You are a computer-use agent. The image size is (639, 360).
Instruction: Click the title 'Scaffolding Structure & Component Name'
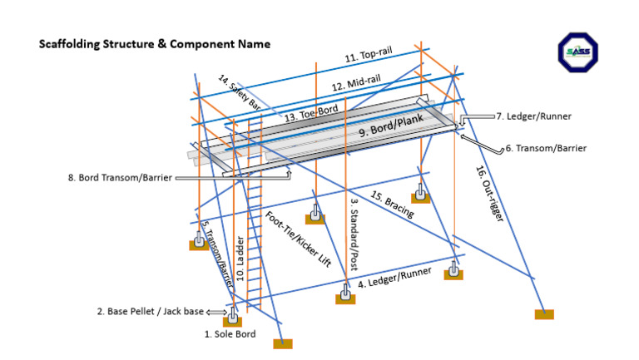[154, 44]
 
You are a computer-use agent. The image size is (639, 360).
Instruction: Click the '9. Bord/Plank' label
[391, 126]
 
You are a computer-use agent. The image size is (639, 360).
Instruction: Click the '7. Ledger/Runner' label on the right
[533, 116]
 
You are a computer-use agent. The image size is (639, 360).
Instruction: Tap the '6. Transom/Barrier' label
[546, 149]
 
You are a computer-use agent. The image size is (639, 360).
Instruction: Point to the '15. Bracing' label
[393, 205]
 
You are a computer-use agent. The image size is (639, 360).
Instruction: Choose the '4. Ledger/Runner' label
[394, 279]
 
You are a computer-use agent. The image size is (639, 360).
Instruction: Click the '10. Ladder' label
[240, 259]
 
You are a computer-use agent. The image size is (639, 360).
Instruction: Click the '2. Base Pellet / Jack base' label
[150, 312]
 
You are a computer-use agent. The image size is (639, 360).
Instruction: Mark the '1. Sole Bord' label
[230, 334]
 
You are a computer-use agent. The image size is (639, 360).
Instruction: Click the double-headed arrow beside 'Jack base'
[214, 313]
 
